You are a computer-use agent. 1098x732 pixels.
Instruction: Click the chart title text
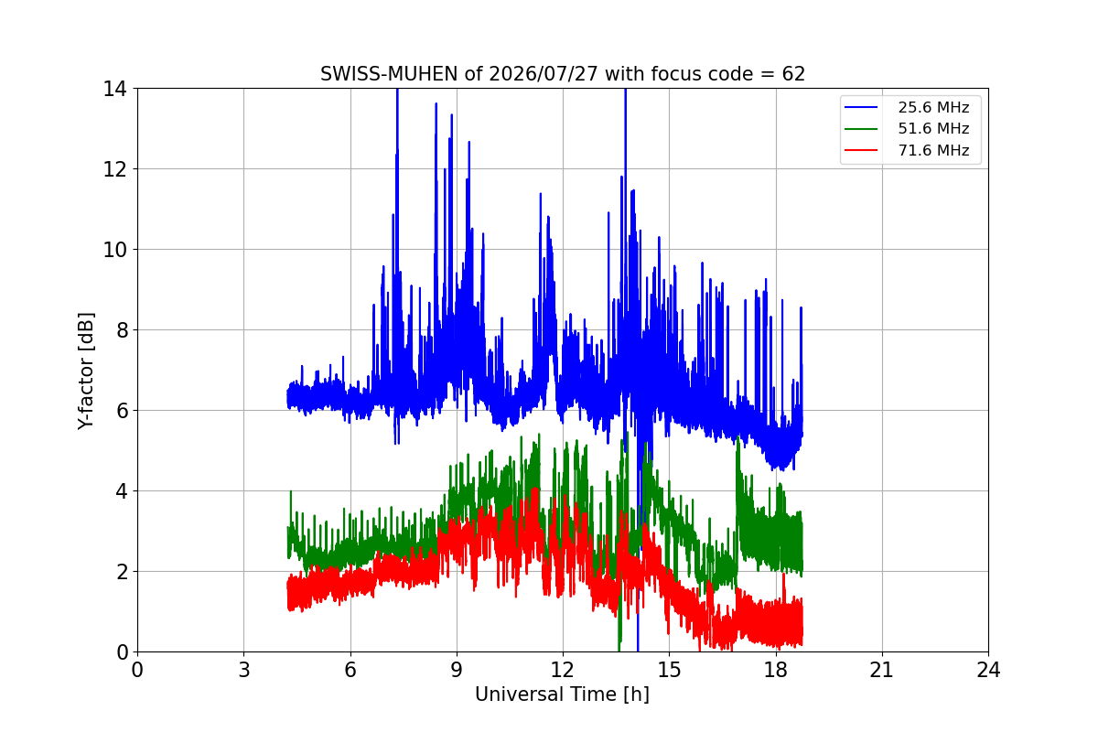[563, 74]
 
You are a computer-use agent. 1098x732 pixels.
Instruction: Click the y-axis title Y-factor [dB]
[86, 371]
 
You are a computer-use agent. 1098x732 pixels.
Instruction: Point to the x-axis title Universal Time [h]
[562, 694]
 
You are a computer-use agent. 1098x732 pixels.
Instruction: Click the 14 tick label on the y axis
[114, 89]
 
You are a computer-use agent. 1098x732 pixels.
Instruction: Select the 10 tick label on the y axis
[114, 250]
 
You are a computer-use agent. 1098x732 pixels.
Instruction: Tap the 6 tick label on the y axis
[122, 411]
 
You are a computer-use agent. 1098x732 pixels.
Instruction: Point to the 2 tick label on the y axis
[122, 572]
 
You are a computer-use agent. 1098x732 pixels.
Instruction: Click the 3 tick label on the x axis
[244, 670]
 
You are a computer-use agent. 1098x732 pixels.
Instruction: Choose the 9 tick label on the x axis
[457, 670]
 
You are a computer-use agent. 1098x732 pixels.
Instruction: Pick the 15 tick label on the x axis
[670, 670]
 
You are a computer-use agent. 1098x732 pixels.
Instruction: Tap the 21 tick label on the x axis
[882, 670]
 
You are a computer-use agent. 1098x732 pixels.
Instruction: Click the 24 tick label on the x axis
[989, 670]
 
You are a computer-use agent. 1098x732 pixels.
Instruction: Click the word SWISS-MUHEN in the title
[389, 74]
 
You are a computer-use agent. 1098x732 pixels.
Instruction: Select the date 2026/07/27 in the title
[544, 74]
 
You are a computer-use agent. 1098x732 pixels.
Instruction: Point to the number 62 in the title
[793, 74]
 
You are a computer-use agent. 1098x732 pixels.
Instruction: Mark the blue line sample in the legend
[861, 107]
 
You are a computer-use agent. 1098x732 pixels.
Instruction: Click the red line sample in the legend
[861, 150]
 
